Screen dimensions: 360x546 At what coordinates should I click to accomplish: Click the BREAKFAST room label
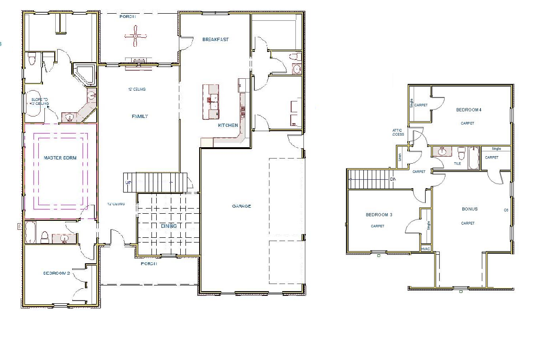pos(215,40)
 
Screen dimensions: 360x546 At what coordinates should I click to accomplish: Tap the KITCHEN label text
pos(228,126)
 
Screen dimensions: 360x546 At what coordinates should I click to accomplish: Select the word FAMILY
pos(140,116)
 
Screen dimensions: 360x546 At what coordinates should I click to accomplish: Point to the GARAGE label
pos(241,206)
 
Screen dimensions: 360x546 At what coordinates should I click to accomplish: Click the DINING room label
pos(168,226)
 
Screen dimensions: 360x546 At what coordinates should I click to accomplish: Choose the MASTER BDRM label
pos(60,158)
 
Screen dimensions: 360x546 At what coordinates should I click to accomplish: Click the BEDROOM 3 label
pos(379,215)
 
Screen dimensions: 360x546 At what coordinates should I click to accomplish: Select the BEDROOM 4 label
pos(469,109)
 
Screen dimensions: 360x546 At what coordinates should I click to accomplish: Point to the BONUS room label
pos(470,209)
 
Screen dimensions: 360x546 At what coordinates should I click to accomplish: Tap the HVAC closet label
pos(426,249)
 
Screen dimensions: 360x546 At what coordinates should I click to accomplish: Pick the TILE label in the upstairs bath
pos(457,164)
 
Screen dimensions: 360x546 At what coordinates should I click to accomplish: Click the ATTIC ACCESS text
pos(397,132)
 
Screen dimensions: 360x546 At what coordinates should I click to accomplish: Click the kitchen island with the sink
pos(211,102)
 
